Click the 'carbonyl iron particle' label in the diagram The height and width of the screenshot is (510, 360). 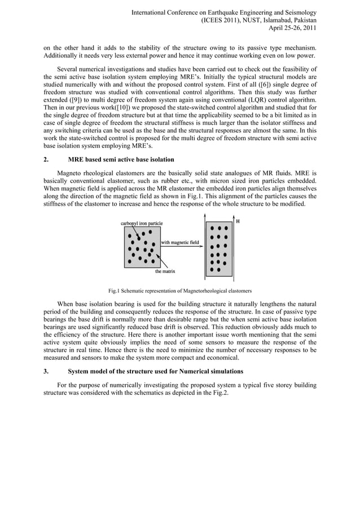tap(142, 224)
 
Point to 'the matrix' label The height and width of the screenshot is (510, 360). tap(165, 272)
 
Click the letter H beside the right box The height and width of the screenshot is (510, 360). tap(238, 222)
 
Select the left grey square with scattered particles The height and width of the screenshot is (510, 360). tap(142, 247)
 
